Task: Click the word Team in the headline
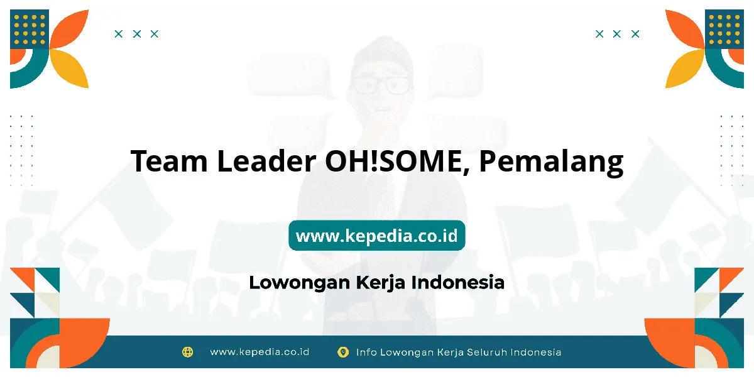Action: tap(169, 161)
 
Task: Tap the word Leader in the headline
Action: tap(266, 160)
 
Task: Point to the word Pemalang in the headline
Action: tap(551, 162)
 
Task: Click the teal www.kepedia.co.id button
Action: tap(376, 235)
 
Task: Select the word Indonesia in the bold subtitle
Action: tap(458, 282)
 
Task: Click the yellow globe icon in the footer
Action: tap(187, 352)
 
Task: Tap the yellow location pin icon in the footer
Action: tap(343, 352)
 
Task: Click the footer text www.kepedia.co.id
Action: tap(260, 352)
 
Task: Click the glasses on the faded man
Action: tap(381, 85)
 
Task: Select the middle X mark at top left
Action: tap(137, 34)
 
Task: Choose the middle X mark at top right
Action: tap(616, 34)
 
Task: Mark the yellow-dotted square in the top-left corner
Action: tap(30, 29)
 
